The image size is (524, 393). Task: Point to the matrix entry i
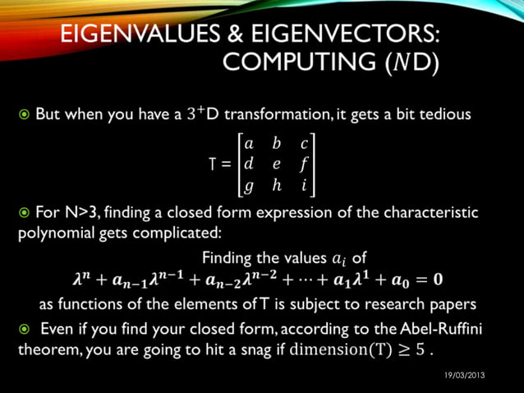(x=304, y=185)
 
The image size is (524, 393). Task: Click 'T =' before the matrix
(x=220, y=163)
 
